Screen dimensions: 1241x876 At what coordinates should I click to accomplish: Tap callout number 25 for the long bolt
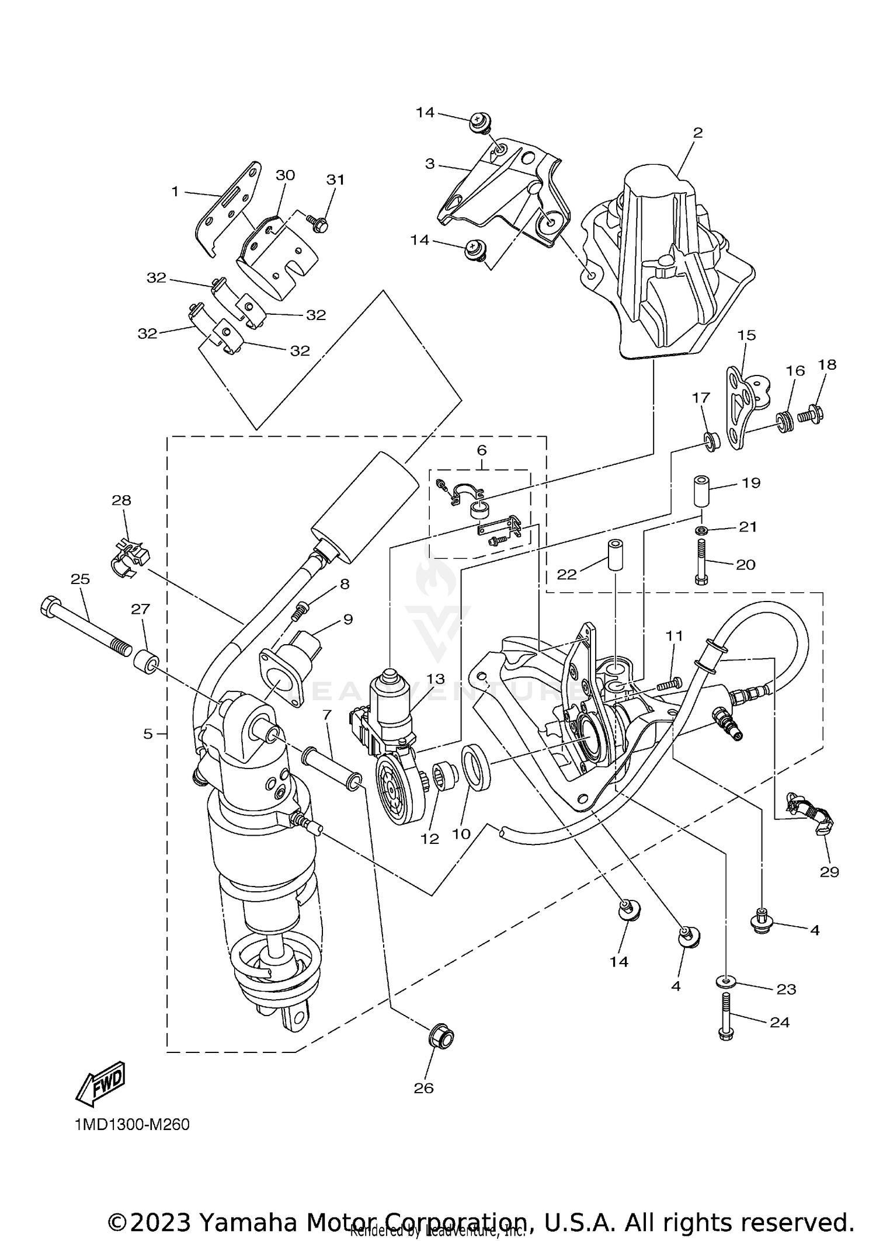tap(80, 579)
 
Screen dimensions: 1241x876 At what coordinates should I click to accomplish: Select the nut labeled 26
tap(441, 1037)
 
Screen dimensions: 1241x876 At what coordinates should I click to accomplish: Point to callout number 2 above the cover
tap(697, 133)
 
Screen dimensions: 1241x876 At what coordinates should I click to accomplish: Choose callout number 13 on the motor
tap(435, 679)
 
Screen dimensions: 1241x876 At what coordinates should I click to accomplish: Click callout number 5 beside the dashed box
tap(148, 734)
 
